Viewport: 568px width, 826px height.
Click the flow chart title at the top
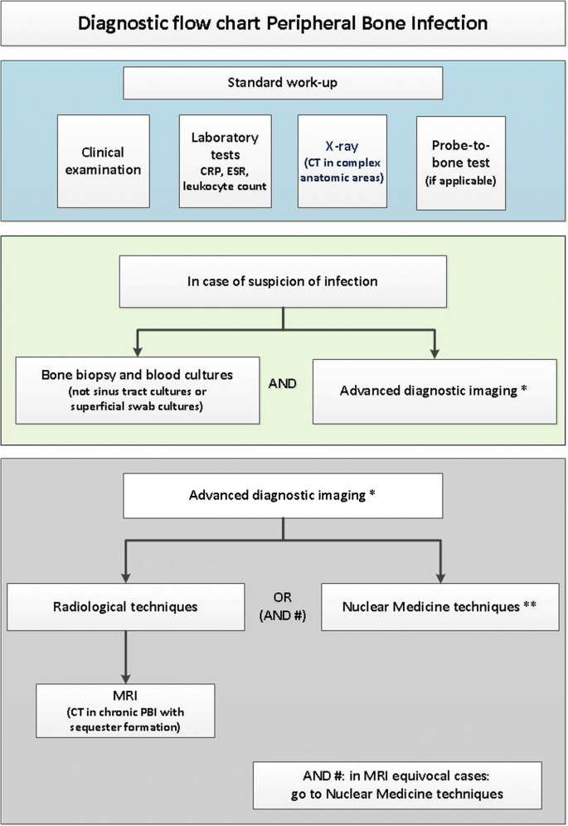(284, 22)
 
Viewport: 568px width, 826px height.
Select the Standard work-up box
(283, 83)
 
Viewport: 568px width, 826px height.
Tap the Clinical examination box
(103, 161)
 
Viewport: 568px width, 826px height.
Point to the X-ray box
(342, 161)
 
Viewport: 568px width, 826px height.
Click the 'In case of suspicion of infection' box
(283, 281)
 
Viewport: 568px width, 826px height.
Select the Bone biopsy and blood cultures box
(137, 391)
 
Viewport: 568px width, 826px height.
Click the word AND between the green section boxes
(284, 384)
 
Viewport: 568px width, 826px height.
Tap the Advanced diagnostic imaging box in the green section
(434, 391)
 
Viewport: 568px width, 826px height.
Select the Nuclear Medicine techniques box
(439, 607)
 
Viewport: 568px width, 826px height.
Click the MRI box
(126, 710)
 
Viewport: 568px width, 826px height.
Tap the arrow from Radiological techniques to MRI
(125, 655)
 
